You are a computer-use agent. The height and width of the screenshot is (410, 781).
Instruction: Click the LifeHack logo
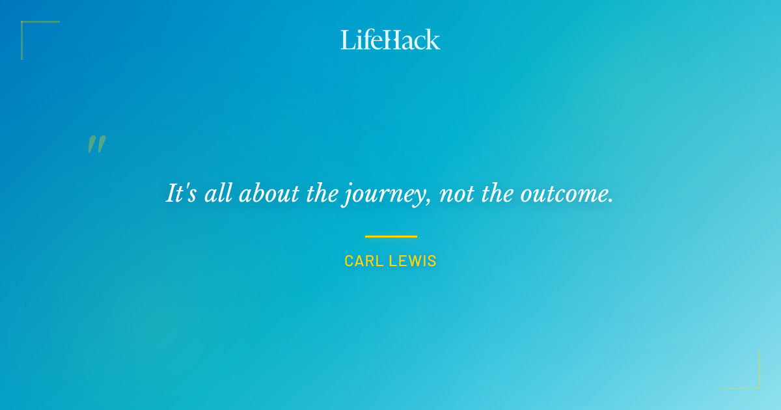[390, 40]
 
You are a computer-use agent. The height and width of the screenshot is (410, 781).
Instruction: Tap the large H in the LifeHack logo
[390, 40]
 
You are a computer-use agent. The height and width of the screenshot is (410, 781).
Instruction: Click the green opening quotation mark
[96, 144]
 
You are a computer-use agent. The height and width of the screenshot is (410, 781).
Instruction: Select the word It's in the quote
[182, 194]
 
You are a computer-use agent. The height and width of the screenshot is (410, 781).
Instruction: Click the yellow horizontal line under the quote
[390, 236]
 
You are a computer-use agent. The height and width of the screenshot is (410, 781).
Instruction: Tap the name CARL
[363, 261]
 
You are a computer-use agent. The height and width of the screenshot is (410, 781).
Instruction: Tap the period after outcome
[611, 201]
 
